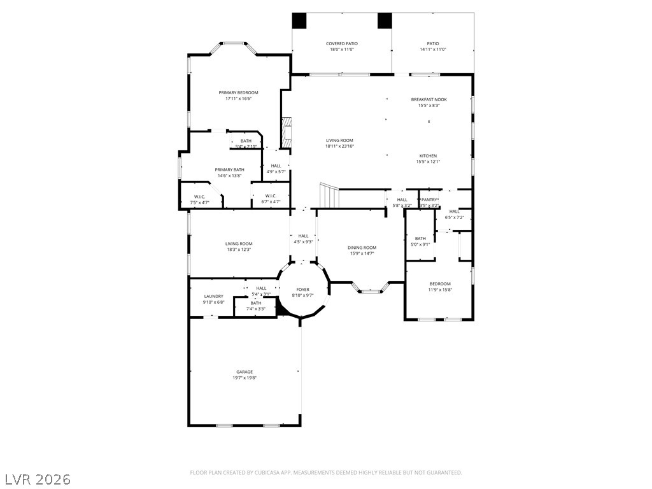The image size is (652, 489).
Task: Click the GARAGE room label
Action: (244, 372)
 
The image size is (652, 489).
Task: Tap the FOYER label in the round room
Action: (302, 289)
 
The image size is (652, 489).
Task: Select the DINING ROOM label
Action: (362, 248)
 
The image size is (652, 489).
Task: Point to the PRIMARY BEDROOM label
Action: (238, 93)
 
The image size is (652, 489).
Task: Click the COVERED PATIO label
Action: (342, 44)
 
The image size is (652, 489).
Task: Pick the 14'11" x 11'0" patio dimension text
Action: (433, 50)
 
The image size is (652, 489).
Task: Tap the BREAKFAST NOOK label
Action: (429, 99)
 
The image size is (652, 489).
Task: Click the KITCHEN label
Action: (428, 156)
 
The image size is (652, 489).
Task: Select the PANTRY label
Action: (430, 200)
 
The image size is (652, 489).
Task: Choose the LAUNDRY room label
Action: (213, 296)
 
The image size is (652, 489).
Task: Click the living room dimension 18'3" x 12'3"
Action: (239, 250)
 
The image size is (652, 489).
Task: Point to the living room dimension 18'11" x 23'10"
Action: (339, 146)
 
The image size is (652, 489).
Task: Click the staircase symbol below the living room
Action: (329, 195)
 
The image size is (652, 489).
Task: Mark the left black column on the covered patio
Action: (299, 20)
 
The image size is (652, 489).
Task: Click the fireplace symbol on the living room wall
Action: (287, 132)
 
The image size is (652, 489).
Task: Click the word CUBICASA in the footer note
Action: (264, 472)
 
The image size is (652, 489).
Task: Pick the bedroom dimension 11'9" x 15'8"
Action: (439, 290)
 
